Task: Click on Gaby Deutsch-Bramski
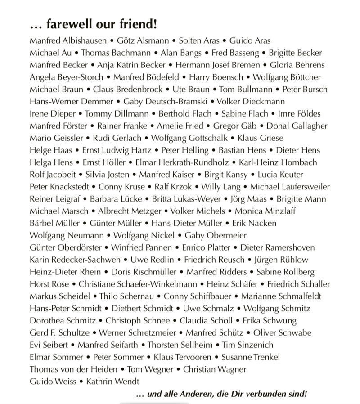tap(164, 101)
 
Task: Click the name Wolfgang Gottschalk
tap(189, 138)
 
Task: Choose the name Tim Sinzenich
tap(247, 345)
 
